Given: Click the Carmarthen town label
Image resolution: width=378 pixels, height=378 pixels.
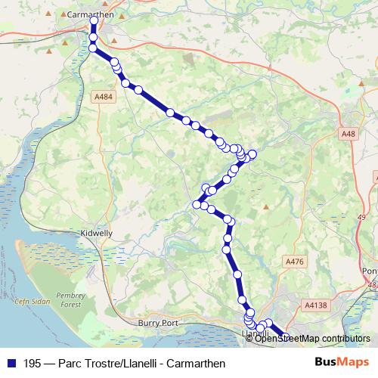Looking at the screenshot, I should pyautogui.click(x=90, y=14).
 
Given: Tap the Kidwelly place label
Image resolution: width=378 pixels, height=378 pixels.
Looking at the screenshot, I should pyautogui.click(x=97, y=234).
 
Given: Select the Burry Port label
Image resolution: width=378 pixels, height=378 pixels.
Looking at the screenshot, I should pyautogui.click(x=158, y=323).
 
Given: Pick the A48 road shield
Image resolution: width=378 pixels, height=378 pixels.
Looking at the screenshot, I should pyautogui.click(x=348, y=134).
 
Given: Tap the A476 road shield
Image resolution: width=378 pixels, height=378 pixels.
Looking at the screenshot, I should pyautogui.click(x=294, y=261).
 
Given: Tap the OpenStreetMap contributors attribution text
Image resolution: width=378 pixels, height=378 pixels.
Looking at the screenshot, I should pyautogui.click(x=312, y=339).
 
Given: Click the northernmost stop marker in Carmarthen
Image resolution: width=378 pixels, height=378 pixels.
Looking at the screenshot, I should pyautogui.click(x=94, y=21).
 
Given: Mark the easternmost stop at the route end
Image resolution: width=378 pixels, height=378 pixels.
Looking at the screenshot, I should pyautogui.click(x=287, y=338).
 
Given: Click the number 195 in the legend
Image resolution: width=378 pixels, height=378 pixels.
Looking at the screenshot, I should pyautogui.click(x=32, y=363).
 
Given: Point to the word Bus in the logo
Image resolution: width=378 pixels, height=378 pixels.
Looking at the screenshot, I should pyautogui.click(x=325, y=363).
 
